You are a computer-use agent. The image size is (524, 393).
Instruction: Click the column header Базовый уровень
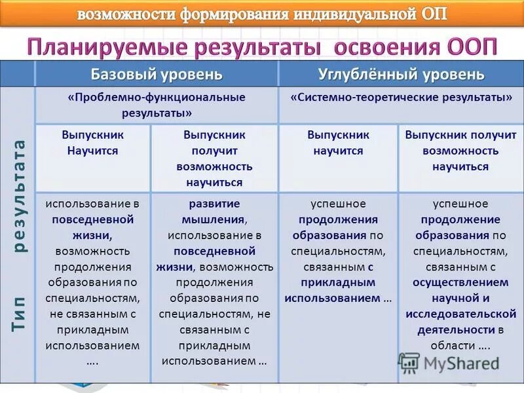point(157,74)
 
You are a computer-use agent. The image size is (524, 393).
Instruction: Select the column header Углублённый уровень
point(401,74)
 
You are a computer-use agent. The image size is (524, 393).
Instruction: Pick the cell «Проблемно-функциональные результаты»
point(157,105)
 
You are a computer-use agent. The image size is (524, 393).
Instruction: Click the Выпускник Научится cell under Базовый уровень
point(92,143)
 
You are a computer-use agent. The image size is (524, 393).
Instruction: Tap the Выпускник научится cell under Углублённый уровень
point(338,143)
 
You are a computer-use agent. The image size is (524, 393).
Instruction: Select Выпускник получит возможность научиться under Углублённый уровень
point(460,151)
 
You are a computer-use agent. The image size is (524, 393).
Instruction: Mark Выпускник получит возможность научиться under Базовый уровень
point(214,159)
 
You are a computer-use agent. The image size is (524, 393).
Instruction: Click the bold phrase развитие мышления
point(214,212)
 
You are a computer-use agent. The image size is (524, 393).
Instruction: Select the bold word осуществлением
point(460,282)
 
